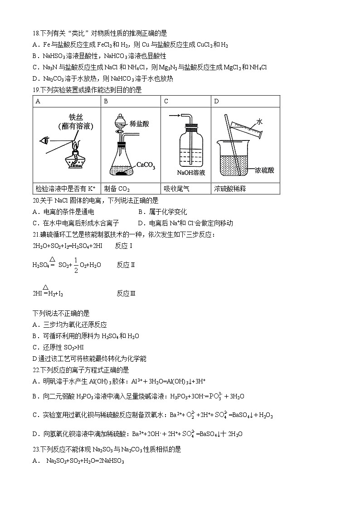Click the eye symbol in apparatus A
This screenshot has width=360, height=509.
[x=44, y=141]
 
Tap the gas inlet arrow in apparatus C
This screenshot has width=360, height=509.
[x=174, y=116]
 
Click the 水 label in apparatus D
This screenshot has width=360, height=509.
[x=260, y=122]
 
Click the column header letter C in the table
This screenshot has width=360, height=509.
[x=166, y=101]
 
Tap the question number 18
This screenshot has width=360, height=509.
[x=36, y=33]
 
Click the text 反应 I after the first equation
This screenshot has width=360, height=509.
[x=124, y=246]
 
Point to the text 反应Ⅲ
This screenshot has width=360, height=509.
[x=126, y=293]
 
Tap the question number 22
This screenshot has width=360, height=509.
[x=36, y=370]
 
